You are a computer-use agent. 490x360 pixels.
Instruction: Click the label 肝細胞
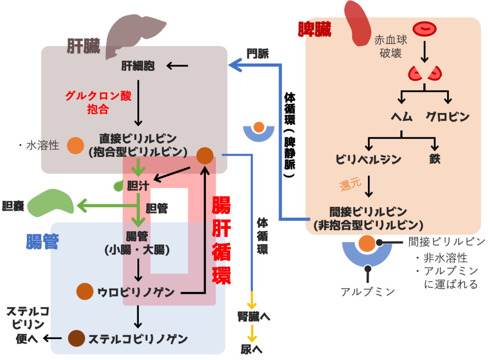click(x=138, y=66)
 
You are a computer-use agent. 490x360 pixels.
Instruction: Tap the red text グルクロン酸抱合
click(x=99, y=102)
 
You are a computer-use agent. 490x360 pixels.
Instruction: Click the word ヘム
click(x=401, y=117)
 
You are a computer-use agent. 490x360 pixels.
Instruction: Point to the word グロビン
click(x=448, y=117)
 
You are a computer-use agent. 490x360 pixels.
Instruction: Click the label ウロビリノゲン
click(x=136, y=292)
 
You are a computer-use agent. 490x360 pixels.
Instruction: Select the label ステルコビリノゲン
click(x=138, y=338)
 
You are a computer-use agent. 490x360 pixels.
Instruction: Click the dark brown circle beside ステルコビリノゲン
click(x=76, y=338)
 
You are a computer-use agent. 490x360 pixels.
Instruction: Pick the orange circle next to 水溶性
click(x=75, y=146)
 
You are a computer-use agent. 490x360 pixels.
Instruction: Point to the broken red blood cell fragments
click(x=424, y=73)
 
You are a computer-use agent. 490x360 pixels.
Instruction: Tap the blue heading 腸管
click(x=42, y=242)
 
